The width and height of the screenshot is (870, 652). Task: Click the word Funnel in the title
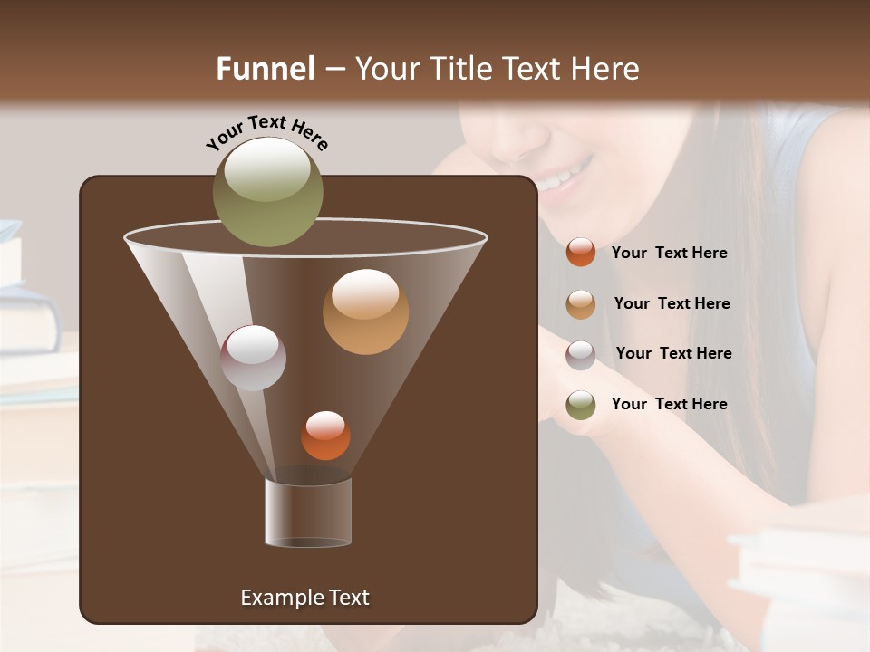[266, 69]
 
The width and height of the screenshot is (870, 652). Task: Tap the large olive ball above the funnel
[268, 191]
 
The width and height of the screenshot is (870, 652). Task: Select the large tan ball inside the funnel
[365, 312]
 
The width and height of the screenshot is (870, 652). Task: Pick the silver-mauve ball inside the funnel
[253, 358]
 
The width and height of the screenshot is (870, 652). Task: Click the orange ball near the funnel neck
[325, 436]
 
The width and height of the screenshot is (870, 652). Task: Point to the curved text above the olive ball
[267, 131]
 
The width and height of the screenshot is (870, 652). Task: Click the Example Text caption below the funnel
[304, 598]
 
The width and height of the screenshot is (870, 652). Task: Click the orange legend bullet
[581, 253]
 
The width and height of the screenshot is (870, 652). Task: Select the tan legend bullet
[581, 304]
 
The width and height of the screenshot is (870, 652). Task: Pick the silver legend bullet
[581, 354]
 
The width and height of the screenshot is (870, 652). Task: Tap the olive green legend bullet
[581, 405]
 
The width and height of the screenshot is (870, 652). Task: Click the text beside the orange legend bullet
[669, 254]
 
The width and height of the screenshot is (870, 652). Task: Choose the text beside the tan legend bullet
[672, 304]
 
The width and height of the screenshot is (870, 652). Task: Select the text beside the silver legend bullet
[673, 354]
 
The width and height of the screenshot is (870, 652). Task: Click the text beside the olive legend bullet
[669, 405]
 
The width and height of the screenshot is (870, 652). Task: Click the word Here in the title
[606, 69]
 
